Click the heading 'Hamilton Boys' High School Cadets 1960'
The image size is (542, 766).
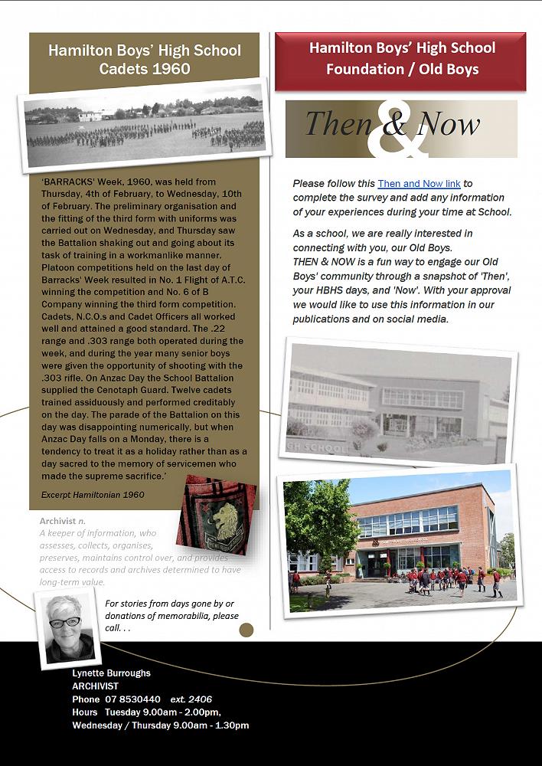coord(145,60)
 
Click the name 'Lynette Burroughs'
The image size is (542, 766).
coord(112,673)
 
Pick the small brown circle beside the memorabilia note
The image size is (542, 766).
coord(246,630)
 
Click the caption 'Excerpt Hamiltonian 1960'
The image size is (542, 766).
coord(93,495)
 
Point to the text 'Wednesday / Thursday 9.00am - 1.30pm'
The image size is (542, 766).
coord(161,725)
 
